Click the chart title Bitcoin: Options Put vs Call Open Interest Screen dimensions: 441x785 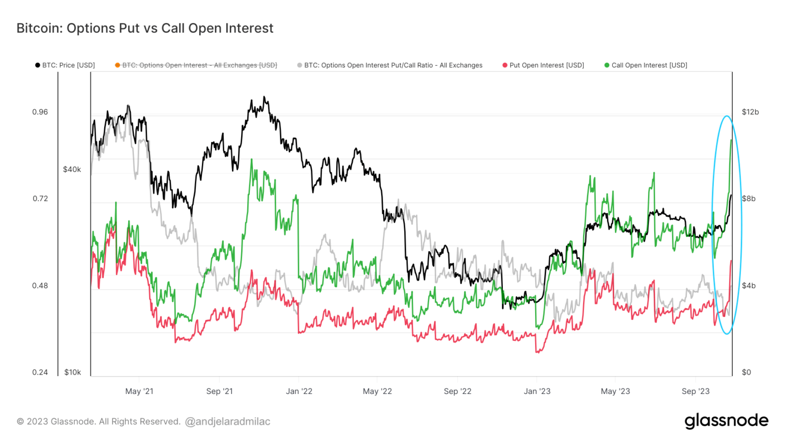[x=145, y=28]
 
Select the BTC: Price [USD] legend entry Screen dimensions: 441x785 [x=65, y=65]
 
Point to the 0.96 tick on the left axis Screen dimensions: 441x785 [x=40, y=112]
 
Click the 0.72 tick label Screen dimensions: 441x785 [x=40, y=199]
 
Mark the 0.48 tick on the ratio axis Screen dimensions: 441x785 [x=40, y=285]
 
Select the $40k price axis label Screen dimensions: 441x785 [x=72, y=169]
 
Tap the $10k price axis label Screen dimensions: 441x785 [x=73, y=372]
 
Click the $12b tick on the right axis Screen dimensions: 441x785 [x=750, y=112]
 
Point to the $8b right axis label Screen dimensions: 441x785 [x=749, y=199]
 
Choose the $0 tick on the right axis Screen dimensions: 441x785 [x=747, y=372]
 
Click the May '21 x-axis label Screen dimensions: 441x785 [x=139, y=391]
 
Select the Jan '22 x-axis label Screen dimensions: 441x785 [x=299, y=391]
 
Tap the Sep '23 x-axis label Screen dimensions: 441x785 [x=696, y=391]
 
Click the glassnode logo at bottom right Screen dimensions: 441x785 [x=726, y=421]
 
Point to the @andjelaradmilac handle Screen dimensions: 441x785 [x=227, y=422]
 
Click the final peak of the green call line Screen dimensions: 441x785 [x=731, y=140]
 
